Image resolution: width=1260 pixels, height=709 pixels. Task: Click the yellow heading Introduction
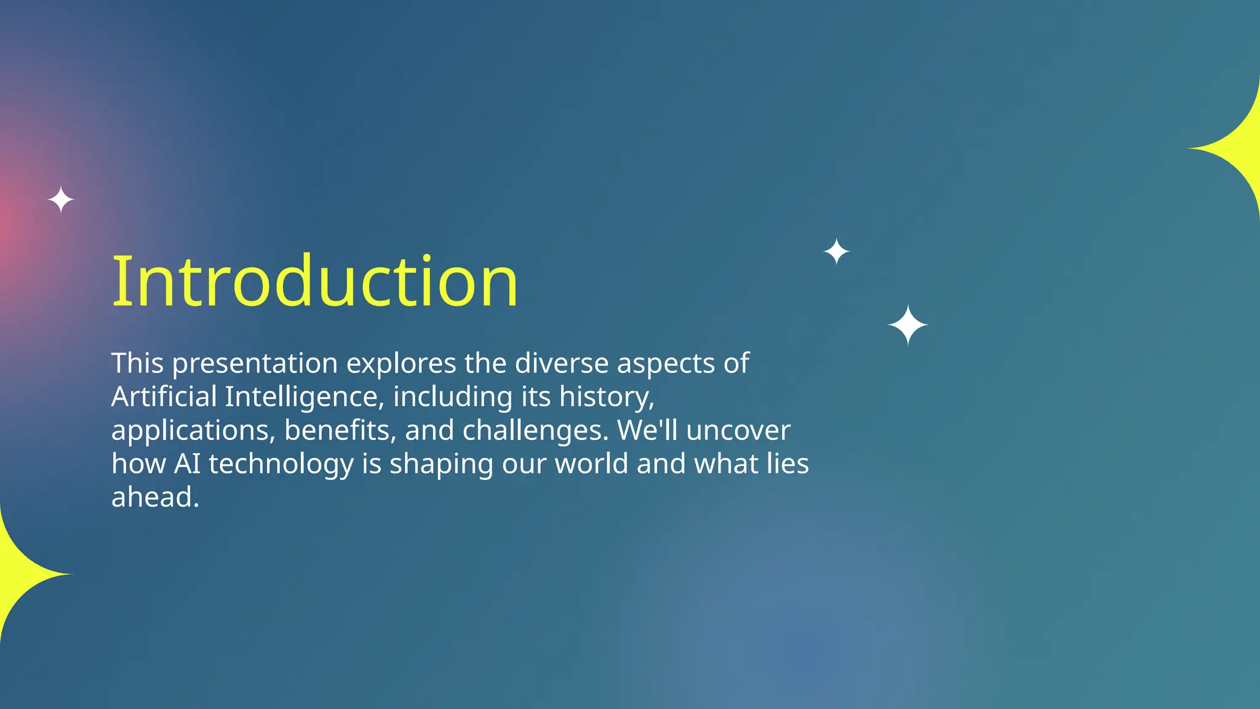click(x=315, y=281)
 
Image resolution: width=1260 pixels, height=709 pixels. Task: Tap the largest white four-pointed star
click(x=907, y=325)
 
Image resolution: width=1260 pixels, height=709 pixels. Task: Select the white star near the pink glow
click(x=61, y=200)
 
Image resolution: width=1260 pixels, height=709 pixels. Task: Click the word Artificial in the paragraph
click(x=164, y=396)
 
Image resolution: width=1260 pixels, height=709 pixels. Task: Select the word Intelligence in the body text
click(x=305, y=396)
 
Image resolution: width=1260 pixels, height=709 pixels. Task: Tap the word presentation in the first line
click(x=255, y=363)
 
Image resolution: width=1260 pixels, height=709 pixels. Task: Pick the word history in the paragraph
click(x=606, y=396)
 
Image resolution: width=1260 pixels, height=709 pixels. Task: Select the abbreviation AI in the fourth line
click(x=187, y=463)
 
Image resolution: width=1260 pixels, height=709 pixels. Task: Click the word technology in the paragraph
click(x=281, y=463)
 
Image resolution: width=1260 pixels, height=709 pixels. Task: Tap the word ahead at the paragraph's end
click(x=154, y=497)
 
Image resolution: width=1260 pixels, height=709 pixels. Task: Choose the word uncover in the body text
click(x=738, y=430)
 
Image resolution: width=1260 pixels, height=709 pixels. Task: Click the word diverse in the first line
click(x=561, y=363)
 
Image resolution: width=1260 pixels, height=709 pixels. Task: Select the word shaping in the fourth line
click(x=441, y=463)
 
